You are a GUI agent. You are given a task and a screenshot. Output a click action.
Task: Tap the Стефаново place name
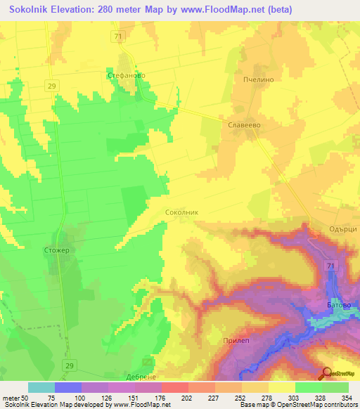(x=125, y=73)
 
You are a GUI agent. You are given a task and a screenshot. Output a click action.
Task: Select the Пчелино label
(x=257, y=80)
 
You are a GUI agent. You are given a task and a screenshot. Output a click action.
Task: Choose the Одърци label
(x=342, y=229)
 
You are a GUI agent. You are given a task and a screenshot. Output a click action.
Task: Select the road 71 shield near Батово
(x=330, y=264)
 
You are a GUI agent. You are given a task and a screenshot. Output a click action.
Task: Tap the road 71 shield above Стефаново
(x=117, y=36)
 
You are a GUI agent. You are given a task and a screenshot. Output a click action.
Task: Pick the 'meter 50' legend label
(x=15, y=398)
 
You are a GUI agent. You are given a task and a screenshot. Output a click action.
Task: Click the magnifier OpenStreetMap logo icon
(x=326, y=373)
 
